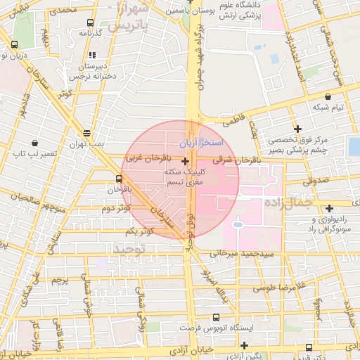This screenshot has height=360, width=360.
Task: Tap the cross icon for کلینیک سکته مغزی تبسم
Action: [185, 161]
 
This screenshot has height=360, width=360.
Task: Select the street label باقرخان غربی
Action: [145, 160]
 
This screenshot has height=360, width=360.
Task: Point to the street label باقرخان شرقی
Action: [231, 160]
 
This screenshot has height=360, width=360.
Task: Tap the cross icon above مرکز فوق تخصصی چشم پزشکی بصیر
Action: [299, 129]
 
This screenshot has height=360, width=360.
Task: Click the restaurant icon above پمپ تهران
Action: [86, 132]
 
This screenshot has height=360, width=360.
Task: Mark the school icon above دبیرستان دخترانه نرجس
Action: [91, 54]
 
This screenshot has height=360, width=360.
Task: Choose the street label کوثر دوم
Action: [115, 209]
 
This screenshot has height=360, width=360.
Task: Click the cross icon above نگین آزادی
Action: [244, 345]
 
